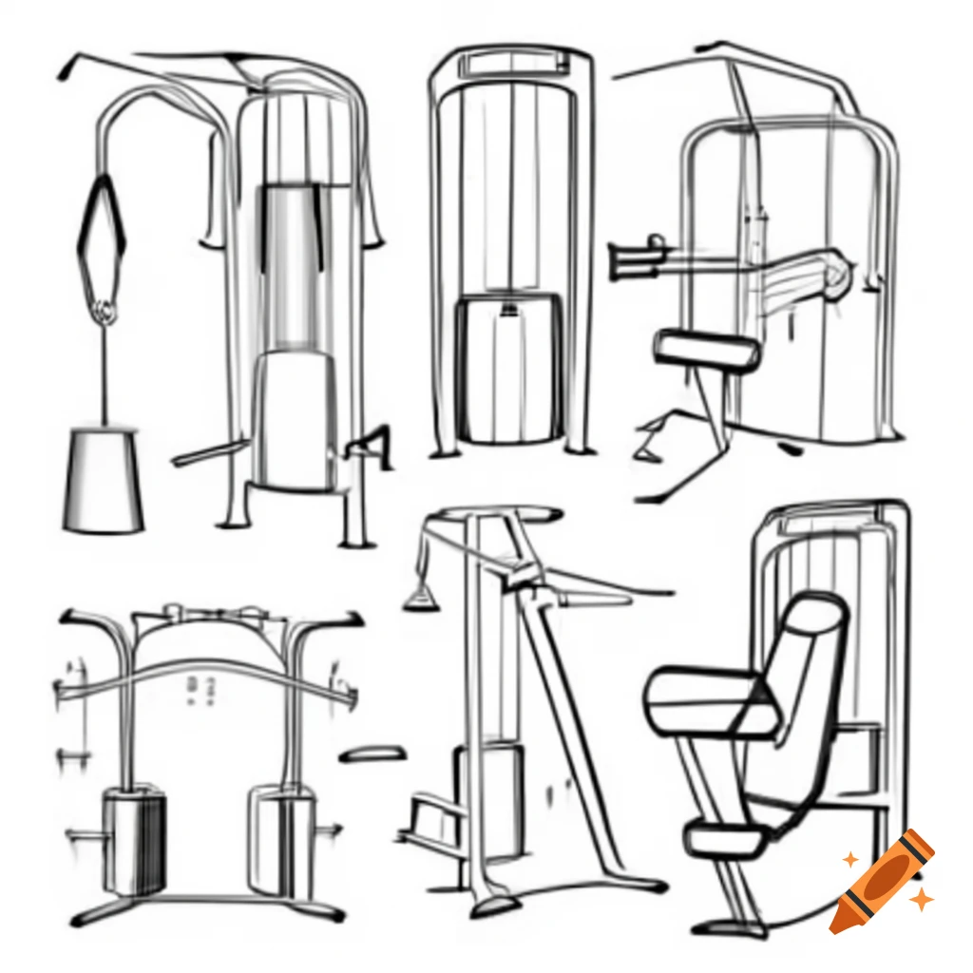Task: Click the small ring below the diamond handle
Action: pyautogui.click(x=105, y=309)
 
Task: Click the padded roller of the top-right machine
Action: pyautogui.click(x=708, y=350)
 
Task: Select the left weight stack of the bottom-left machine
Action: pyautogui.click(x=134, y=841)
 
